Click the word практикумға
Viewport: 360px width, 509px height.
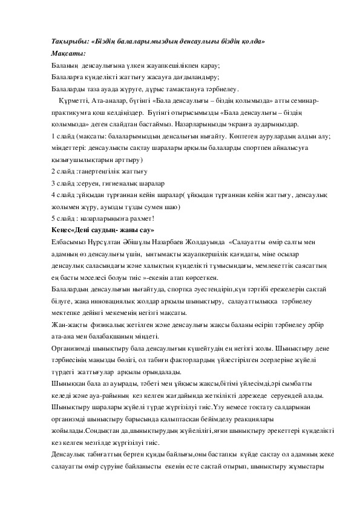pos(73,113)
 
